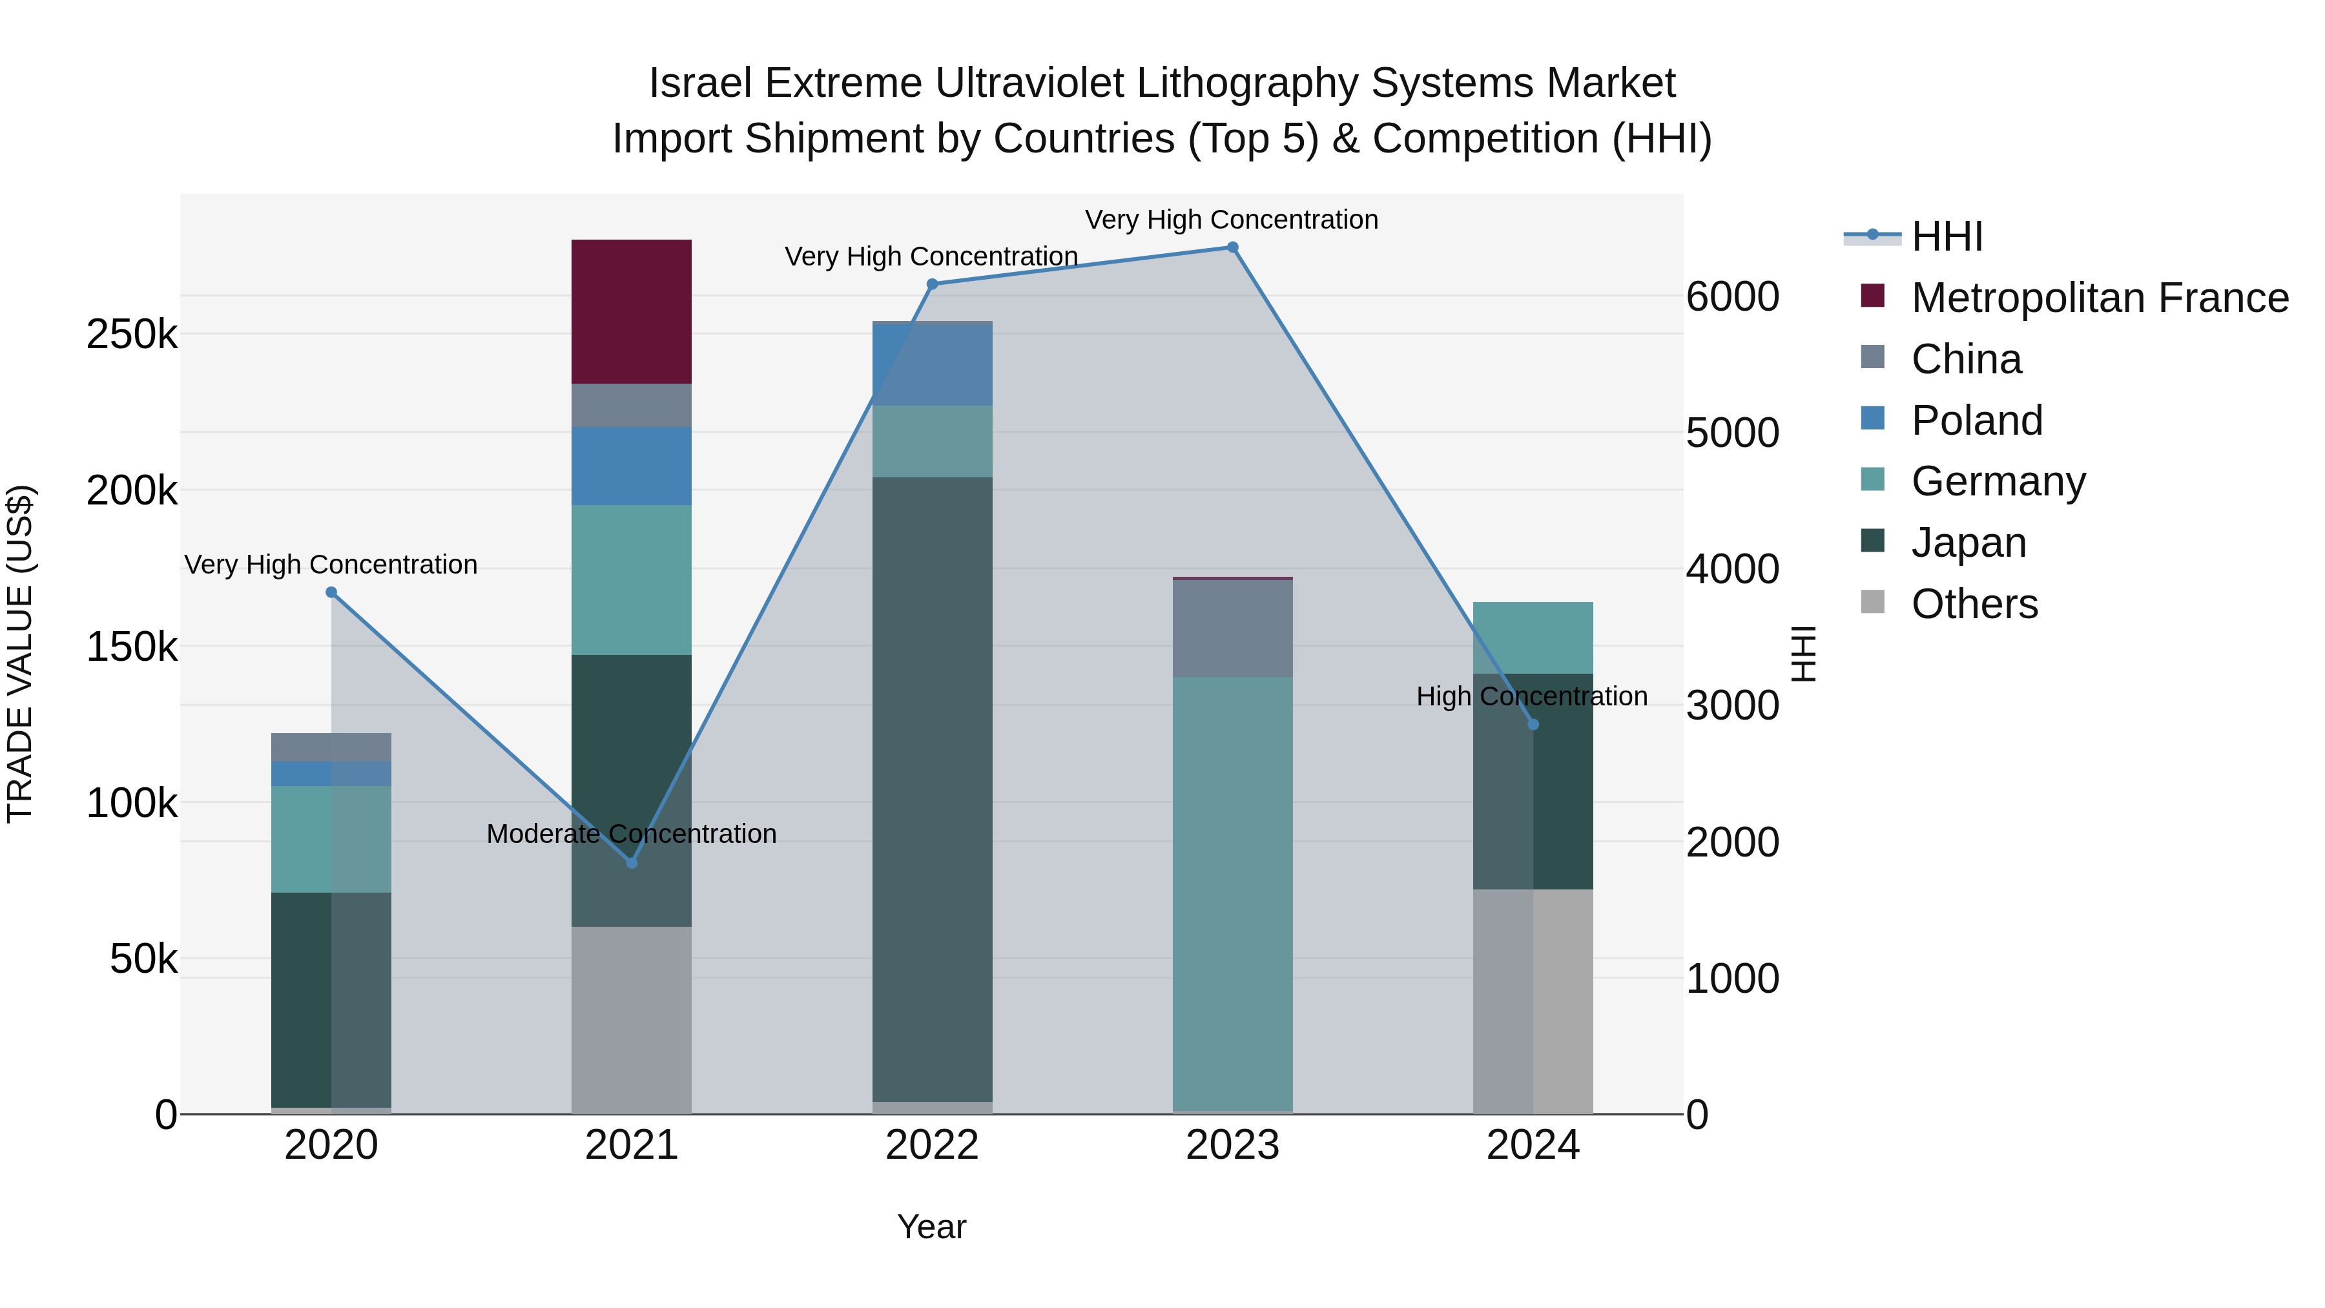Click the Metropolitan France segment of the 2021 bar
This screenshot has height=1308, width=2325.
coord(631,311)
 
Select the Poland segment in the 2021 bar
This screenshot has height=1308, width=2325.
coord(631,466)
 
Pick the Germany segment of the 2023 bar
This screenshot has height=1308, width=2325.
coord(1232,894)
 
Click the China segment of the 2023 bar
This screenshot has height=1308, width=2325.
coord(1232,628)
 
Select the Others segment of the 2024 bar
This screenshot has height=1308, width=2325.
coord(1533,1001)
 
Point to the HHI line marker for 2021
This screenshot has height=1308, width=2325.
coord(632,863)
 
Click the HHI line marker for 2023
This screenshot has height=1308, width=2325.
coord(1232,247)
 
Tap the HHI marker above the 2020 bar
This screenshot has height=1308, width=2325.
coord(331,592)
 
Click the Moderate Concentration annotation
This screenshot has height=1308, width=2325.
coord(631,834)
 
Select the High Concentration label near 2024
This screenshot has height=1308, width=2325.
coord(1532,697)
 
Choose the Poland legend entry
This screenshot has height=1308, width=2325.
coord(1977,420)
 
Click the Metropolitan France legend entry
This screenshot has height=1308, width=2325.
coord(2100,298)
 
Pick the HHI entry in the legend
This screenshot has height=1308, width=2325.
coord(1947,236)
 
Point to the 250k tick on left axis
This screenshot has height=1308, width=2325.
coord(132,335)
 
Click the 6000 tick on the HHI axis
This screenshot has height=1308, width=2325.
coord(1731,297)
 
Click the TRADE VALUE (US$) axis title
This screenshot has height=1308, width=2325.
coord(20,654)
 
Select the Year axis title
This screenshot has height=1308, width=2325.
coord(931,1227)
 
